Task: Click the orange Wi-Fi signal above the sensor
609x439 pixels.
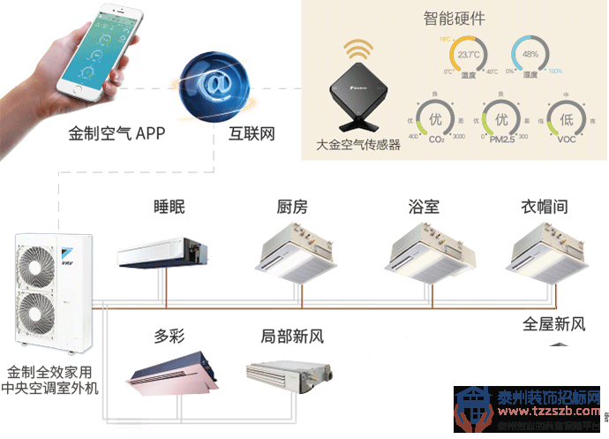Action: tap(357, 48)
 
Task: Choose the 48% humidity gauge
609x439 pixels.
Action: tap(530, 57)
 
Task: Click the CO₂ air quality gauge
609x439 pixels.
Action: tap(434, 119)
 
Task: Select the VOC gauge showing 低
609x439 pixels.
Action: tap(568, 119)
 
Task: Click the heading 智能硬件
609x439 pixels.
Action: tap(454, 16)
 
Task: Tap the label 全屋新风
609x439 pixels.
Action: tap(554, 324)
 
